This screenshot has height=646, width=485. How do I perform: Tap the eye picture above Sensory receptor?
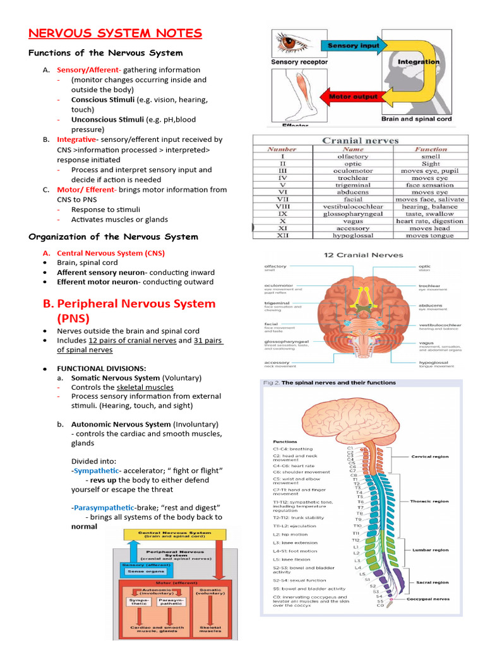pos(290,45)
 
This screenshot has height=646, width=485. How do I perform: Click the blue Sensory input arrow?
pos(354,46)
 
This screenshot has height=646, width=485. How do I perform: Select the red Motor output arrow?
pos(354,97)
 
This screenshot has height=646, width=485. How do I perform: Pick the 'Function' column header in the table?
pos(431,150)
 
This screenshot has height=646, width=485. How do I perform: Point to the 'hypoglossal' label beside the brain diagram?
pos(433,363)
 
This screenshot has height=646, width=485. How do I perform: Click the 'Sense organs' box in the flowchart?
pos(139,572)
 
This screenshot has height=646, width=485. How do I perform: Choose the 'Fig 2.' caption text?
pos(270,382)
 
